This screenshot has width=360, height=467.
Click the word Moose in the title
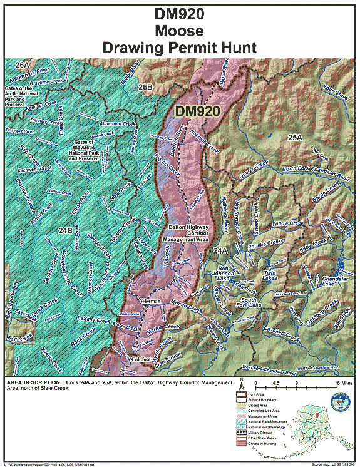[x=180, y=29]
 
